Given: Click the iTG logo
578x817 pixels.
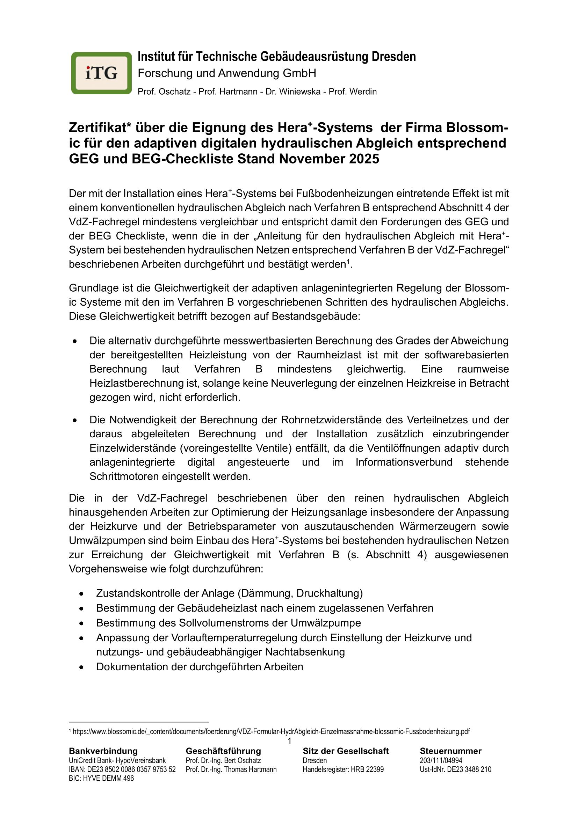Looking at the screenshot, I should pyautogui.click(x=101, y=73).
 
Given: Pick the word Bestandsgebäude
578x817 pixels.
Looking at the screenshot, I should pyautogui.click(x=316, y=316).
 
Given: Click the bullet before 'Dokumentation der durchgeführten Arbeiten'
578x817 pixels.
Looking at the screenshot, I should pyautogui.click(x=81, y=667).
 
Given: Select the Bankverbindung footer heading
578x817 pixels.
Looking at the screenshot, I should pyautogui.click(x=103, y=751).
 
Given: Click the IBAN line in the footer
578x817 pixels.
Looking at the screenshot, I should pyautogui.click(x=122, y=769).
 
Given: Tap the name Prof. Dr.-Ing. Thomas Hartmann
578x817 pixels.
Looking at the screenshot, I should pyautogui.click(x=231, y=769).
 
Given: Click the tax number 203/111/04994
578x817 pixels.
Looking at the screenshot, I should pyautogui.click(x=441, y=760).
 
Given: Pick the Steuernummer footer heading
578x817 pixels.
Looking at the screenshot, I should pyautogui.click(x=450, y=751).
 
